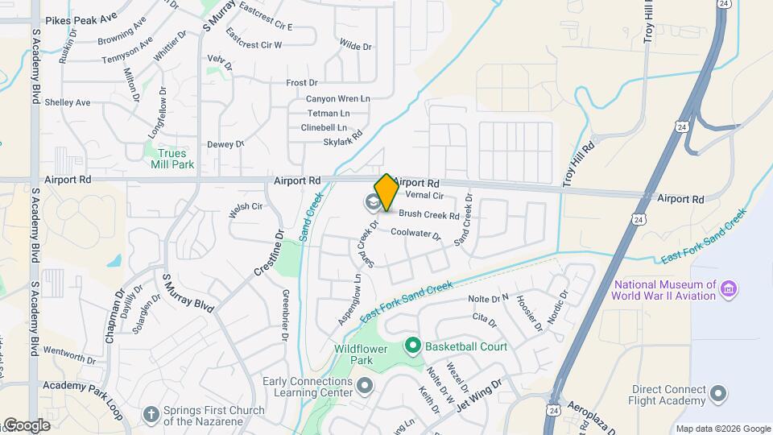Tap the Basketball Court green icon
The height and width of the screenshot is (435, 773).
pyautogui.click(x=413, y=346)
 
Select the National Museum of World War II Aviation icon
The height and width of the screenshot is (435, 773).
pyautogui.click(x=729, y=289)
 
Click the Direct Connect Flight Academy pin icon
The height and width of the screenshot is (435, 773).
pyautogui.click(x=719, y=394)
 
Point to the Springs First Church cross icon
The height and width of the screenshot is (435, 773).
pyautogui.click(x=151, y=414)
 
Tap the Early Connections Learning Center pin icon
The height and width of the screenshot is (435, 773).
pyautogui.click(x=365, y=386)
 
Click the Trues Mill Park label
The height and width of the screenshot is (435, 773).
pyautogui.click(x=172, y=159)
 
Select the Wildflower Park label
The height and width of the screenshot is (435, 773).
pyautogui.click(x=362, y=355)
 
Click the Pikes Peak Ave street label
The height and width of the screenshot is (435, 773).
pyautogui.click(x=81, y=17)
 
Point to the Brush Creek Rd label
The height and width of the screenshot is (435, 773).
pyautogui.click(x=429, y=215)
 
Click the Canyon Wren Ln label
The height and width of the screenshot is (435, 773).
pyautogui.click(x=337, y=99)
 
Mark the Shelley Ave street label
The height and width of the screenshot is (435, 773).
pyautogui.click(x=68, y=102)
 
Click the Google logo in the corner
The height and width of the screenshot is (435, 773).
pyautogui.click(x=26, y=425)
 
